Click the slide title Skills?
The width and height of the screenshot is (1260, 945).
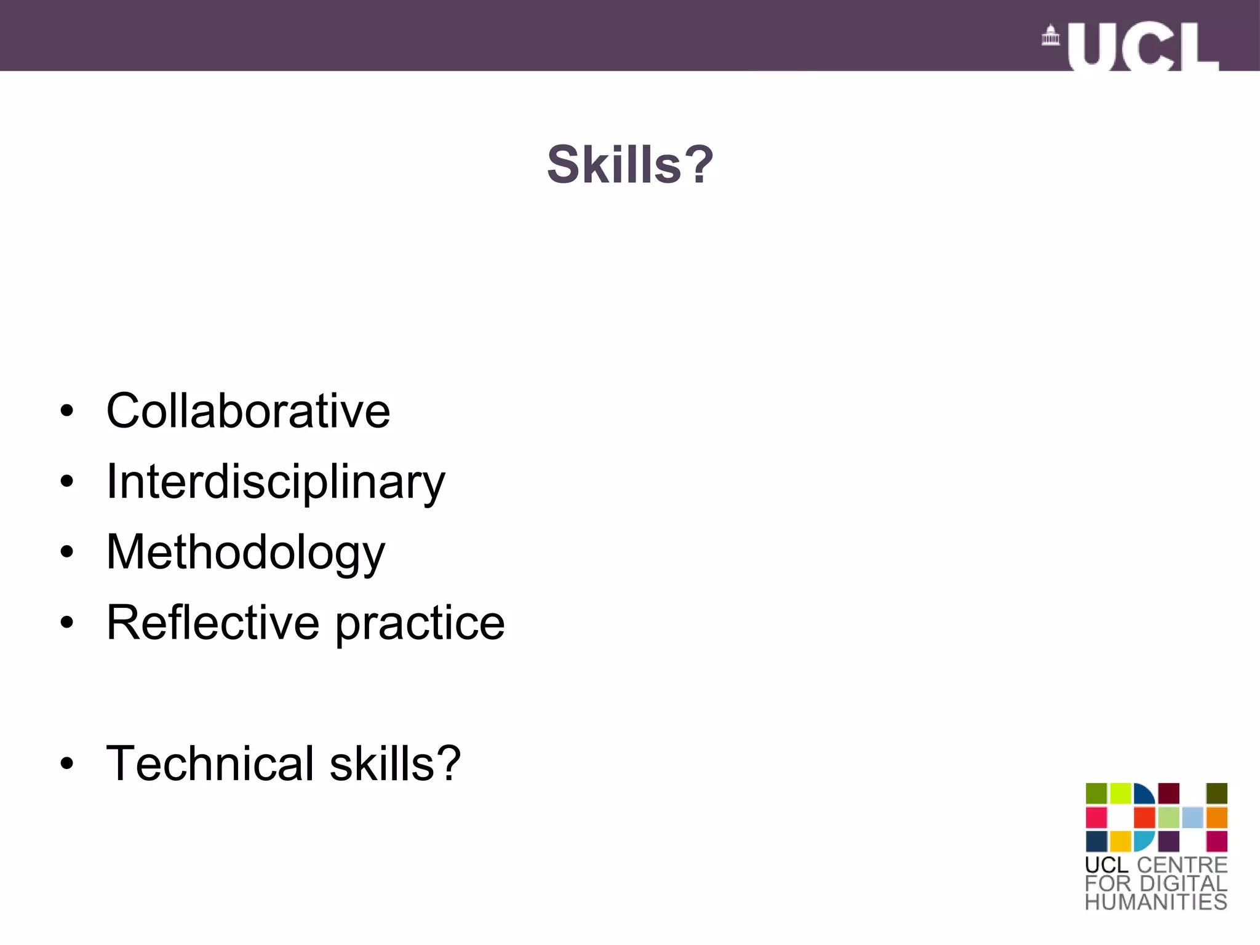click(630, 165)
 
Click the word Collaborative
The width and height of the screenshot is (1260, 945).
click(248, 411)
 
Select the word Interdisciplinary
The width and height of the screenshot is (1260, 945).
click(275, 482)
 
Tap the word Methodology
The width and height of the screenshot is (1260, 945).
click(245, 552)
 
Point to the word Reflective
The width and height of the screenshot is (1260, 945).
click(213, 623)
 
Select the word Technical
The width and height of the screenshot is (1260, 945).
click(210, 764)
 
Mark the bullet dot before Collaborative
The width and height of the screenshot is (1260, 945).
click(67, 411)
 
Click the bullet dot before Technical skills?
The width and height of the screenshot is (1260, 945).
click(67, 764)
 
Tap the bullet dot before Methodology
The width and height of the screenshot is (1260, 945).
click(67, 552)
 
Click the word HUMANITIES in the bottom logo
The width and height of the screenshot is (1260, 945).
click(1156, 902)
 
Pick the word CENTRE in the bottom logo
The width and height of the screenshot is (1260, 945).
click(1182, 864)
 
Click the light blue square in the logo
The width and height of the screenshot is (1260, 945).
click(1192, 818)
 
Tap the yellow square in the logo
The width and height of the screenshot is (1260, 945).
click(1120, 841)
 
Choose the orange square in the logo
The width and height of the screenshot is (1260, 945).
click(1216, 818)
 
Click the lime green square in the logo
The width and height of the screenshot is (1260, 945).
click(1120, 794)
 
